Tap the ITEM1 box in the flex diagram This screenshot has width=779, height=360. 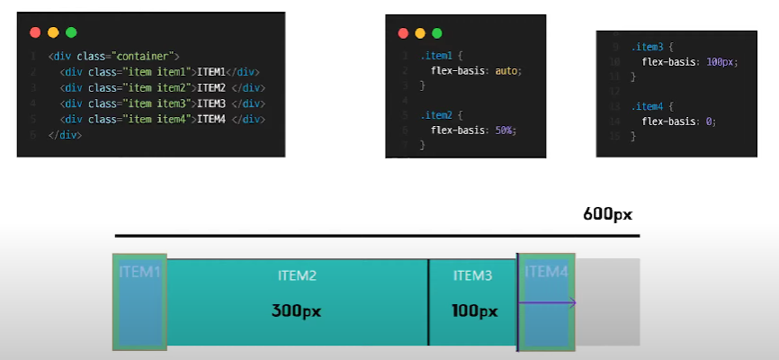(x=139, y=302)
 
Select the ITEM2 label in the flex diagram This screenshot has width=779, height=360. (x=297, y=275)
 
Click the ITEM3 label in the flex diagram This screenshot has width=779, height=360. (x=473, y=275)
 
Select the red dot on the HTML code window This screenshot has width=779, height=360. (x=35, y=32)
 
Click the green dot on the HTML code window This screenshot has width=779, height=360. (x=71, y=32)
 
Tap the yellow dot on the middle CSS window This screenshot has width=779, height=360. (x=419, y=33)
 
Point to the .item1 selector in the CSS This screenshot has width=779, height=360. (x=436, y=56)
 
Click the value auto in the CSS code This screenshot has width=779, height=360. (x=506, y=70)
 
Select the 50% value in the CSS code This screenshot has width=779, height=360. (x=505, y=130)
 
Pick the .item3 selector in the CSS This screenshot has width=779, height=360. (x=648, y=47)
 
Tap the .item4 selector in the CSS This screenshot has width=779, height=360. (x=648, y=106)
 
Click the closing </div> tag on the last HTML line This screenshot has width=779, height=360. (x=66, y=135)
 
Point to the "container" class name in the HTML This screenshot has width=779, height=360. (x=146, y=56)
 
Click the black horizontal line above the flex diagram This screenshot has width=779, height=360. (x=377, y=236)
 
